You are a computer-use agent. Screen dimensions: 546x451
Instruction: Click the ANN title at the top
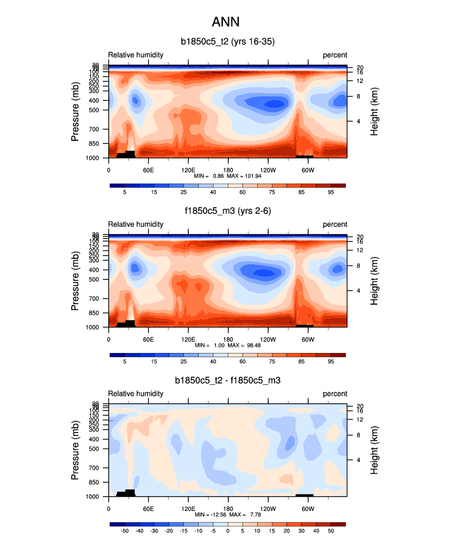pos(225,22)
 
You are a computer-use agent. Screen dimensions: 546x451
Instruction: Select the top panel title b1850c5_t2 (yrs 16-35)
pos(227,42)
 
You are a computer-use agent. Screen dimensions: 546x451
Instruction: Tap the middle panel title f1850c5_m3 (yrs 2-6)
pos(227,212)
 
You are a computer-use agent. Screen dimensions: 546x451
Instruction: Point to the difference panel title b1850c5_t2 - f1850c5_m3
pos(227,381)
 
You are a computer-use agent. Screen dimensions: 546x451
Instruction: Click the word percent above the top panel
pos(335,55)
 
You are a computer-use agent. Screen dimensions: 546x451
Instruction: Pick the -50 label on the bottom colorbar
pos(124,531)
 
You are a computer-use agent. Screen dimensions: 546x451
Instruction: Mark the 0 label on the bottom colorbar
pos(228,531)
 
